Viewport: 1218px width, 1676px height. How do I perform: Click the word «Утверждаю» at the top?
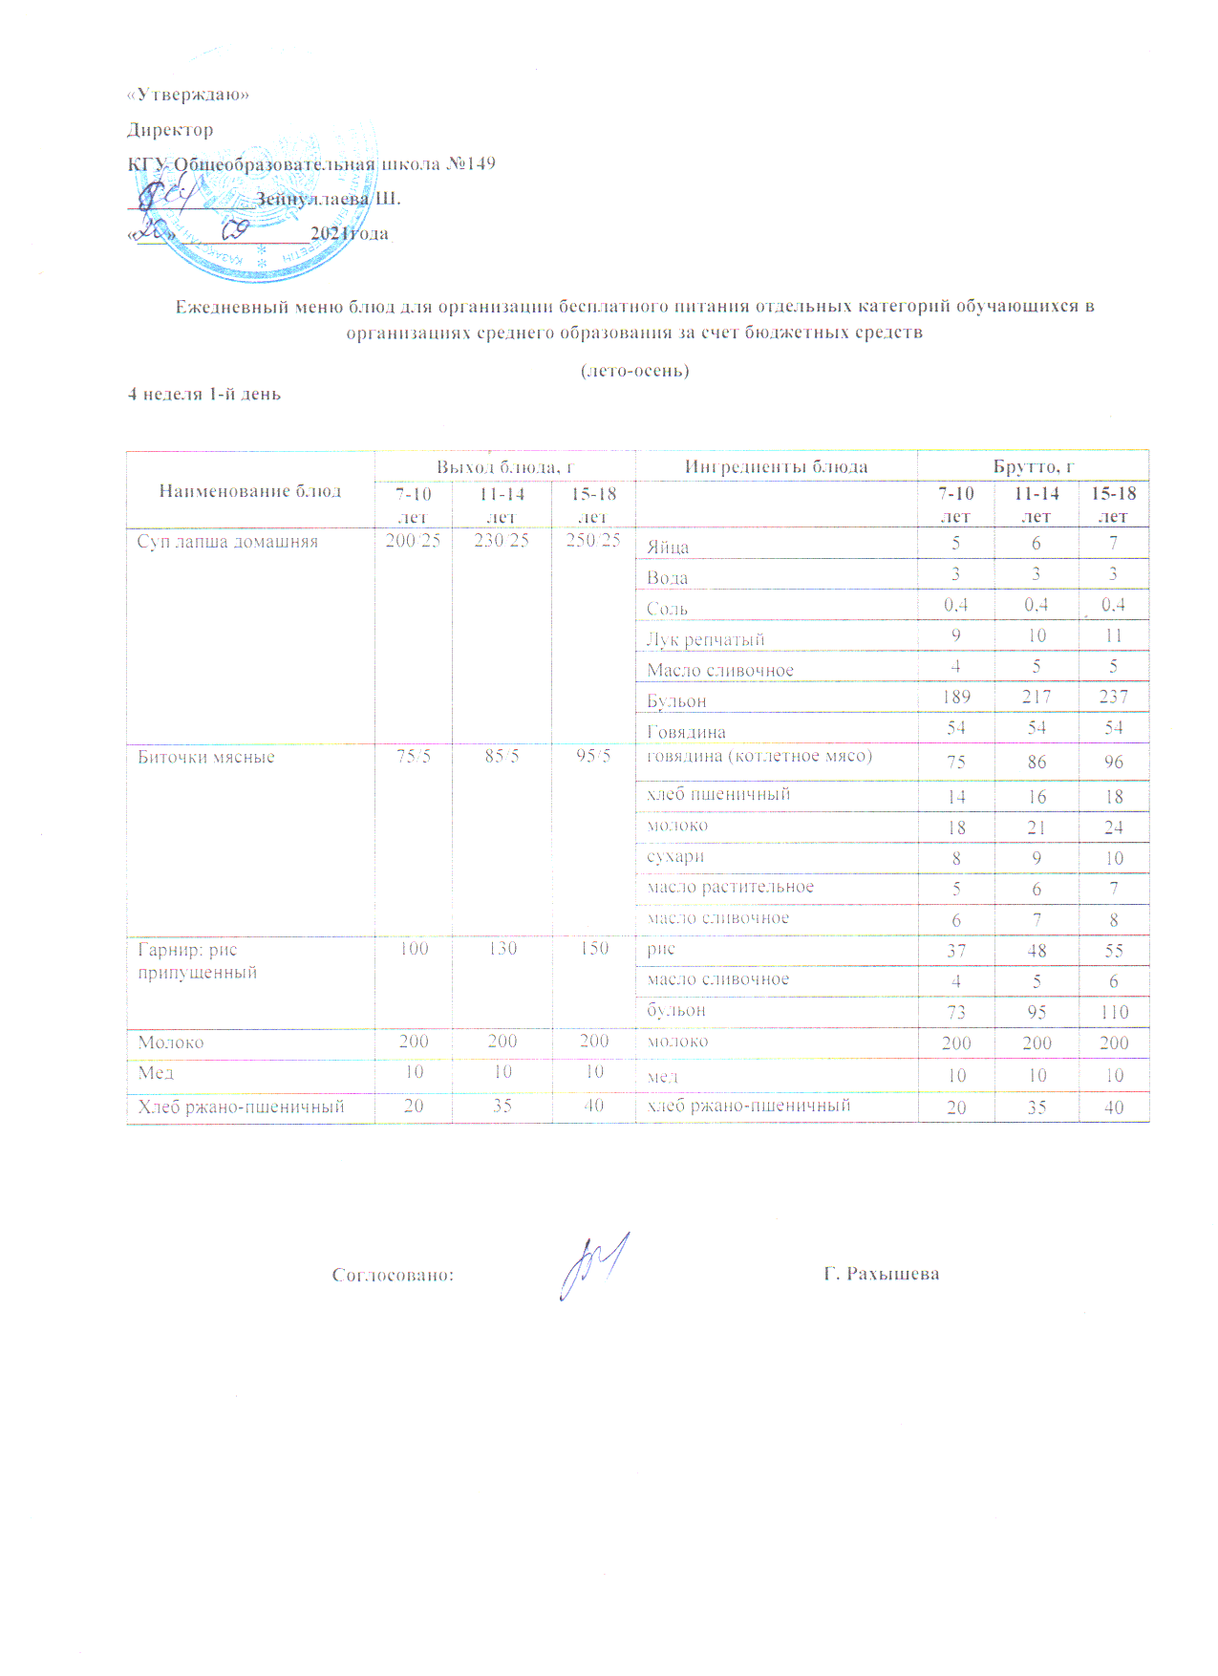click(x=188, y=95)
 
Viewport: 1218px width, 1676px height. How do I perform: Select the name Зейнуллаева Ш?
click(x=328, y=199)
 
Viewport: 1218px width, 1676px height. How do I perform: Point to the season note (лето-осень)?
click(x=634, y=370)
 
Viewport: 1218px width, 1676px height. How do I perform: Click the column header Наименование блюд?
click(x=249, y=491)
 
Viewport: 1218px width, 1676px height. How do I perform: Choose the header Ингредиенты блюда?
click(x=776, y=467)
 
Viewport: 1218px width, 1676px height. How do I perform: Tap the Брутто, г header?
click(x=1033, y=467)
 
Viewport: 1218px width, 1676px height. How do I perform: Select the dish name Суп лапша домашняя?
click(x=227, y=542)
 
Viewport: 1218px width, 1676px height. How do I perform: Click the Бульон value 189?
click(x=956, y=697)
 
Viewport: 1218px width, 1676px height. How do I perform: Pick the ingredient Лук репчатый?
click(x=705, y=639)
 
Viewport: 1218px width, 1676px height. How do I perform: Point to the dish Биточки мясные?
click(x=206, y=757)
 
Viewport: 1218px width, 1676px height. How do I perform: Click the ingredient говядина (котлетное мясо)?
click(x=759, y=756)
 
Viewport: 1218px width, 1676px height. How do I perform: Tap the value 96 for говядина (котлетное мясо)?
click(x=1114, y=762)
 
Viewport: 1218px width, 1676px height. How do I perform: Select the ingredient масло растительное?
click(x=730, y=887)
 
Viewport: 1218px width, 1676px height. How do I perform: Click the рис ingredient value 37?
click(x=956, y=951)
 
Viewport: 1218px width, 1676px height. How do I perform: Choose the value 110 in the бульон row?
click(x=1114, y=1012)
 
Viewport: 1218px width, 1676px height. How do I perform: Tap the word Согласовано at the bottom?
click(x=393, y=1275)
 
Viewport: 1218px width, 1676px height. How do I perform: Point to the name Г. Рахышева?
click(x=881, y=1274)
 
